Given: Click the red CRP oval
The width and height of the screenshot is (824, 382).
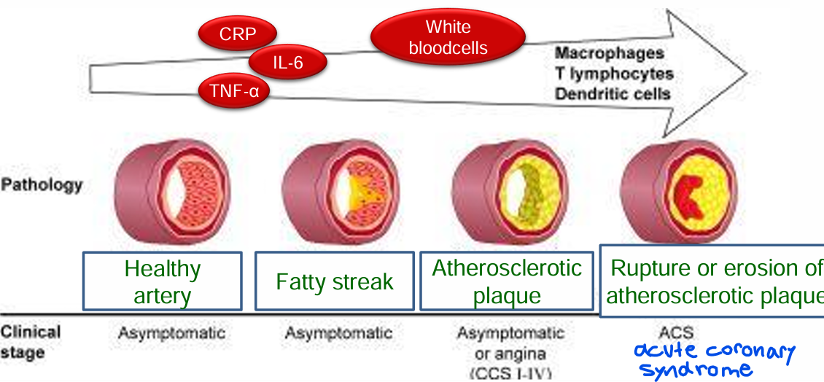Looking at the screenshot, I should [238, 34].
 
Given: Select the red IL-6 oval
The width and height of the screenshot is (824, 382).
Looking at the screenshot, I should [287, 63].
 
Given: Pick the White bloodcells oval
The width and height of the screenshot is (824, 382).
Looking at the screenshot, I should [448, 38].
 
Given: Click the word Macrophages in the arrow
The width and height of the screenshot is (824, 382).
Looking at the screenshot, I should [610, 53].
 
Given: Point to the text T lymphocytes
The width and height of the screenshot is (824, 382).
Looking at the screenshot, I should [614, 74].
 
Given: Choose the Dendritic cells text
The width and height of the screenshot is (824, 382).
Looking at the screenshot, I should [613, 94].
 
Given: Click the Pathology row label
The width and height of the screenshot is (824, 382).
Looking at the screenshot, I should [42, 184].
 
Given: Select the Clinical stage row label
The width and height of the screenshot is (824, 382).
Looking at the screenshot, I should [31, 342].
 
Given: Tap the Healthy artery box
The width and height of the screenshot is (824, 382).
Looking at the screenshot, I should [162, 281].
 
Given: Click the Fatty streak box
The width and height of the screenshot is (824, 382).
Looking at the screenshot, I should [335, 281].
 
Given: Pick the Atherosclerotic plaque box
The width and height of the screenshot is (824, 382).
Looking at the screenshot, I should [507, 281].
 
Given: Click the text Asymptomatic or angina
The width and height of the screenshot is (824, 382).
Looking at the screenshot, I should [510, 343].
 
